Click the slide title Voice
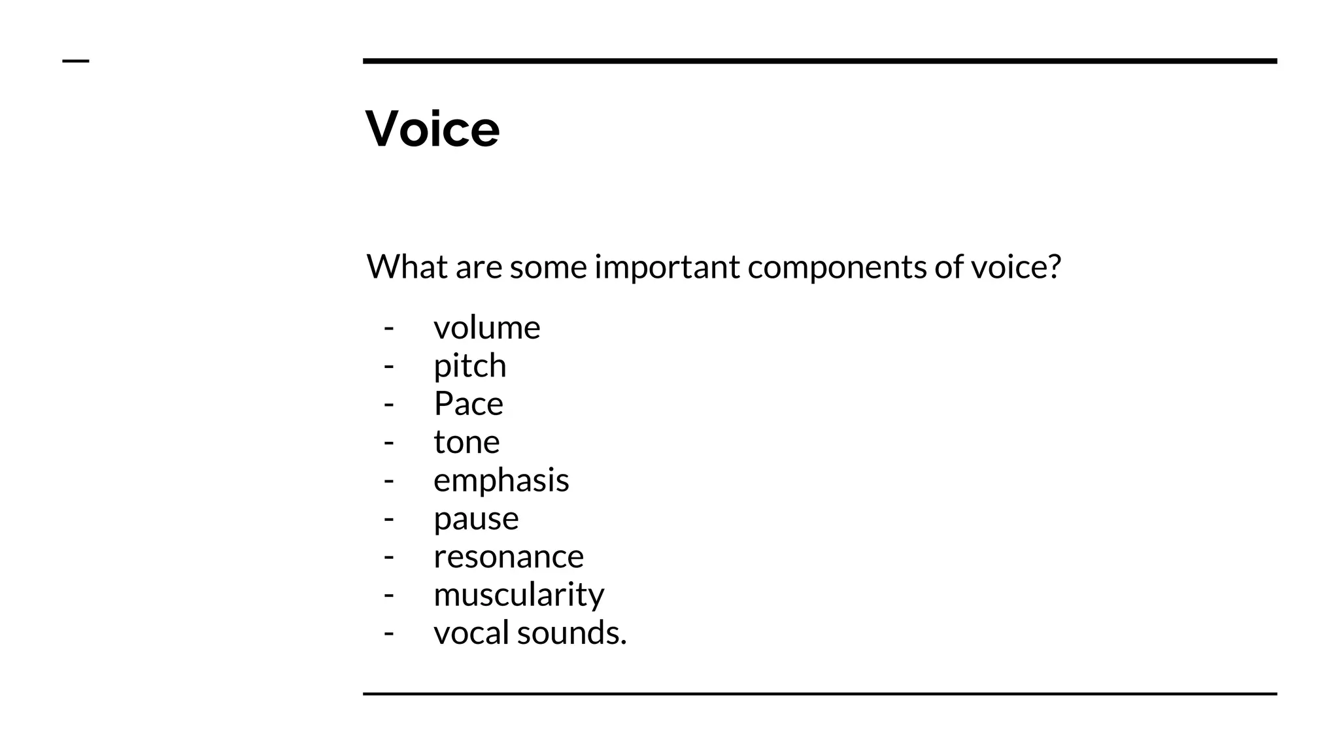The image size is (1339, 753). click(432, 129)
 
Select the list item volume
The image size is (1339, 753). click(486, 327)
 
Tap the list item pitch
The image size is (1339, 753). click(469, 365)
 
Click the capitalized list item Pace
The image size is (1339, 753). click(468, 403)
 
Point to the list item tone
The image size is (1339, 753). click(466, 442)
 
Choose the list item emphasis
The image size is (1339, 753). click(501, 480)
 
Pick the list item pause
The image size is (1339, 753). click(476, 518)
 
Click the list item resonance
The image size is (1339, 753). click(508, 556)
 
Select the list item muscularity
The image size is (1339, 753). click(518, 594)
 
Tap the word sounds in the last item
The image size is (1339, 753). click(571, 633)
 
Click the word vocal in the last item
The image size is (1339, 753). click(471, 633)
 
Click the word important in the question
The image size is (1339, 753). click(667, 267)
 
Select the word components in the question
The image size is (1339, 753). click(837, 267)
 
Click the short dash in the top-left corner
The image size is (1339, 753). click(75, 61)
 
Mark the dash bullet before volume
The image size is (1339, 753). click(389, 328)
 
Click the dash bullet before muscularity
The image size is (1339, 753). click(389, 595)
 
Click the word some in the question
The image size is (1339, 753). click(548, 267)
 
